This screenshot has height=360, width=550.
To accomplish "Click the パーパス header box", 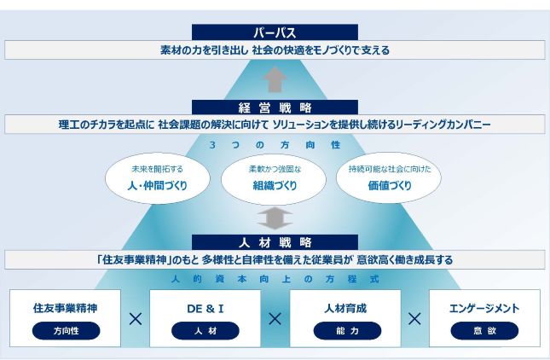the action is (275, 32).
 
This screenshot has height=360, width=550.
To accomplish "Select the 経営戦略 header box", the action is (275, 107).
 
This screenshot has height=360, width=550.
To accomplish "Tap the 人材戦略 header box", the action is (275, 242).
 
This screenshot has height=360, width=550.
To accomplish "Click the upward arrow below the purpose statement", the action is (275, 79).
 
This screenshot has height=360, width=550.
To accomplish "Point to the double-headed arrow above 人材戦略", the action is (275, 218).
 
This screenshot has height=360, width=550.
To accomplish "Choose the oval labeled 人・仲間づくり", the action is (158, 178).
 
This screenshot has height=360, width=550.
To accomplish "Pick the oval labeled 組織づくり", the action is (274, 179).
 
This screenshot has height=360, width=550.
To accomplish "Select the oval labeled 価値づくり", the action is (389, 178).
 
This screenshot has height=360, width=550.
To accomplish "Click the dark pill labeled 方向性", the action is (66, 330).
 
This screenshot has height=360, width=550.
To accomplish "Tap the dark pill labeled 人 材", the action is (206, 330).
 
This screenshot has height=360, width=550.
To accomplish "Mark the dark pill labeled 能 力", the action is (347, 330).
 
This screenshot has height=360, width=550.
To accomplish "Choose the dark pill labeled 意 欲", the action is (484, 330).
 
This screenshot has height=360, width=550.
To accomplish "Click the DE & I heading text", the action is (206, 309).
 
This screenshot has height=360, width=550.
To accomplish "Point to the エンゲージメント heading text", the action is (484, 309).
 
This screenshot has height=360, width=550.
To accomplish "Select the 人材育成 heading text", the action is (345, 309).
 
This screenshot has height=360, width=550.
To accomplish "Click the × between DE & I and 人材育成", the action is (275, 319).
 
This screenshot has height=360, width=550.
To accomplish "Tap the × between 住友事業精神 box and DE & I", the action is (136, 319).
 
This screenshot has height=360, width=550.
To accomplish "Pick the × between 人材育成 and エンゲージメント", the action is (414, 319).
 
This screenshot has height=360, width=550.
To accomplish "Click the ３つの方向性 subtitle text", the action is (275, 145).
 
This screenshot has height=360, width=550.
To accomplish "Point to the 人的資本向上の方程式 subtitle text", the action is (275, 279).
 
